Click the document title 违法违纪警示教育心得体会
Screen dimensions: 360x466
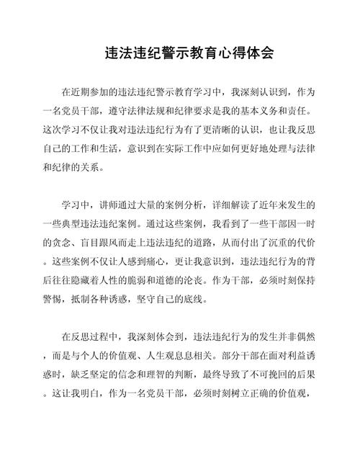click(179, 54)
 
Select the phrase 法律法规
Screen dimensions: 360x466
click(163, 112)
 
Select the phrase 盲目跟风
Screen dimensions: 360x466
click(114, 243)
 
